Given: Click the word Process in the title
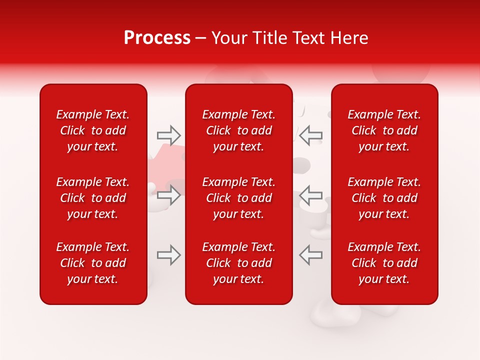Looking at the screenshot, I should pos(157,38).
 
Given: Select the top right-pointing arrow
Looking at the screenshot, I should pos(169,135).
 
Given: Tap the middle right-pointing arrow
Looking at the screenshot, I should pos(169,195).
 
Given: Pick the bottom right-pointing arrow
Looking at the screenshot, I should pos(169,255).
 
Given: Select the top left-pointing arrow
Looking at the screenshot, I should pos(311,135).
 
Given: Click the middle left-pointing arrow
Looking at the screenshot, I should pos(311,195).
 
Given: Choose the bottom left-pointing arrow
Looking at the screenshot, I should pos(311,255).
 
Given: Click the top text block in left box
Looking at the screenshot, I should pos(93,130).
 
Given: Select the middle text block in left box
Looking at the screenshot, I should pos(93,198).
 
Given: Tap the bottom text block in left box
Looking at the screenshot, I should pos(93,263).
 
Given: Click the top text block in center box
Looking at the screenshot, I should pos(239,130).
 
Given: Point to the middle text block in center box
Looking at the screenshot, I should pos(239,198).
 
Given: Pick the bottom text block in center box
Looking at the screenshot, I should pos(239,263).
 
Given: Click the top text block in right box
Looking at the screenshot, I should pos(384,130).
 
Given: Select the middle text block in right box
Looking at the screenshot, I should pos(384,198).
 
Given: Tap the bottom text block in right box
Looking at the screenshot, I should pos(384,263).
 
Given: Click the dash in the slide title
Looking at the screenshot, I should pos(200,38).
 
